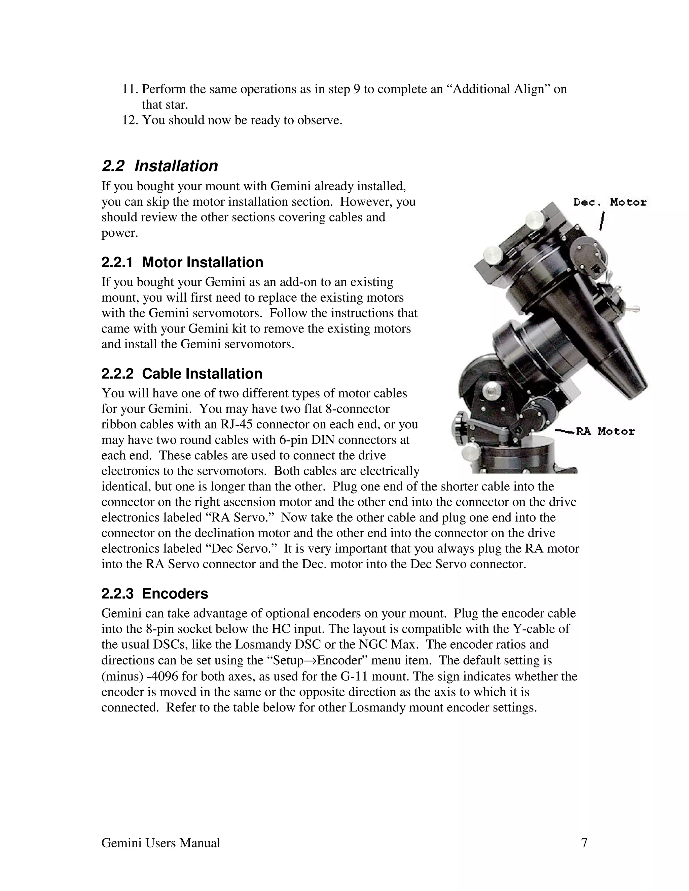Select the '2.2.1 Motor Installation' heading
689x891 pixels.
click(182, 262)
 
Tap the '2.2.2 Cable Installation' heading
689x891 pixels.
click(182, 374)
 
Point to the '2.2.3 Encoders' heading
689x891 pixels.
click(155, 593)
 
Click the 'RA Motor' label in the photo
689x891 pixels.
click(605, 432)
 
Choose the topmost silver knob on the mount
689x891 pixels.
click(534, 218)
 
